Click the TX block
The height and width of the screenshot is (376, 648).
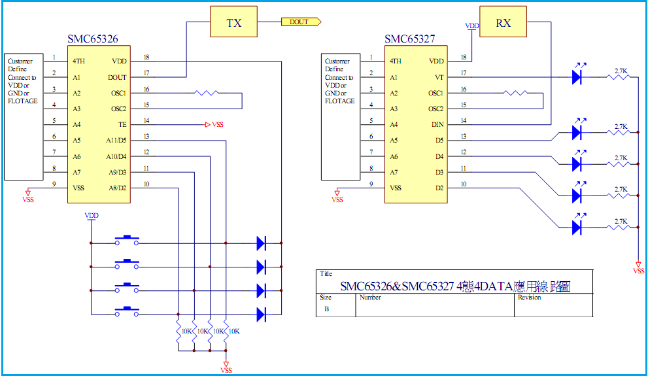[233, 23]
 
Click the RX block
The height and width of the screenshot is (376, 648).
[503, 23]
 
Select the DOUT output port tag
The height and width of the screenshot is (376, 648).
[301, 22]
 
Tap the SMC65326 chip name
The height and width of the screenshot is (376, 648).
[93, 39]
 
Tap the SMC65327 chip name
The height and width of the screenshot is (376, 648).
[409, 39]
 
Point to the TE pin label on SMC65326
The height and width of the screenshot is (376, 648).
[122, 124]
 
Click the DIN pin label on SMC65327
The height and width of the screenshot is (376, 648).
[437, 124]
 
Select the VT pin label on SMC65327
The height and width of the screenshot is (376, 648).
[439, 77]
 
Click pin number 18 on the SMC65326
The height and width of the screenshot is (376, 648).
[146, 58]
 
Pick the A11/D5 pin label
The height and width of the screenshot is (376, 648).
[116, 140]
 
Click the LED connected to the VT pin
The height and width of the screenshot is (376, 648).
[577, 77]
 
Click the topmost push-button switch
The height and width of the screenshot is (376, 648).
[127, 241]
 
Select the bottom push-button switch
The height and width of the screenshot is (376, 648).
[127, 313]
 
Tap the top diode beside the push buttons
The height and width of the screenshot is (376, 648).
[261, 243]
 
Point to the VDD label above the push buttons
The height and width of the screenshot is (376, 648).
[92, 215]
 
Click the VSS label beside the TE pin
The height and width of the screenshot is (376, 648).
[218, 124]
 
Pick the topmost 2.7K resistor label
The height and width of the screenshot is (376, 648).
[621, 70]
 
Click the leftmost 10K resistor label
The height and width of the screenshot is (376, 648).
[185, 332]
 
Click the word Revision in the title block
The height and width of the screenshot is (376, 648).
[530, 298]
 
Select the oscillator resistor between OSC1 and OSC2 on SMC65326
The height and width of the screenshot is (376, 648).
[207, 93]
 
